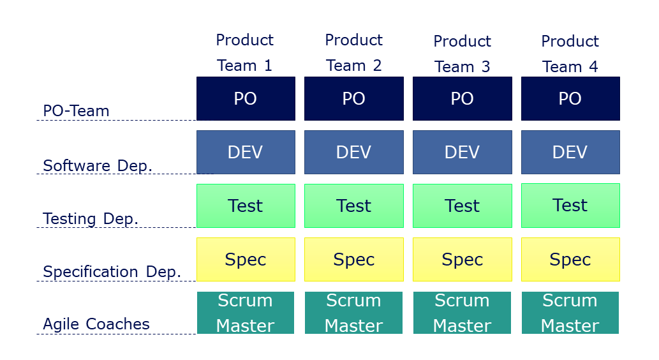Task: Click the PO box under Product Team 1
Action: (246, 98)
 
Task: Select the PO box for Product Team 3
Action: (463, 98)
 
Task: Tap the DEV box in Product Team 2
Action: (354, 153)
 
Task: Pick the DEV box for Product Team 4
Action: (570, 153)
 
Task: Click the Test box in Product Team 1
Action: (246, 206)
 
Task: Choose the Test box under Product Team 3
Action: (463, 206)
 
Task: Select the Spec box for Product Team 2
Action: (354, 260)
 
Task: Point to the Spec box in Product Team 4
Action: (570, 260)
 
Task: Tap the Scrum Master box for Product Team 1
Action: (246, 313)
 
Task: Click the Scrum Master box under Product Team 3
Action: (462, 313)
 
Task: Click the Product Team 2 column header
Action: (354, 52)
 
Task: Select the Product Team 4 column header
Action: (570, 54)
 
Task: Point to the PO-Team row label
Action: (76, 111)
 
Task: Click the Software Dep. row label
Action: (98, 166)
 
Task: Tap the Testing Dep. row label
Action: (91, 219)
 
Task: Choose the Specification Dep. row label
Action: (112, 272)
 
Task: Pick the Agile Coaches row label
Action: (96, 324)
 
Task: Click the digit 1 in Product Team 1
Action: (268, 66)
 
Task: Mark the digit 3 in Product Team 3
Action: (485, 67)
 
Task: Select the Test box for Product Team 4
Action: (570, 206)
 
